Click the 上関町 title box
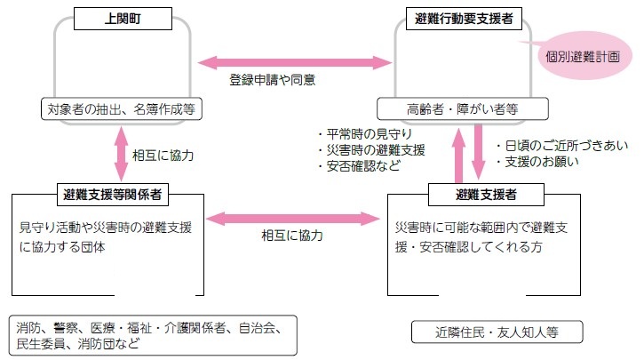[x=122, y=16]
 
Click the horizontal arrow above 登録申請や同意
[x=294, y=62]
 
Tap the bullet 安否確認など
[x=359, y=164]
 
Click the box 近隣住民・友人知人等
[x=497, y=332]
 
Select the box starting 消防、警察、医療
[x=152, y=333]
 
